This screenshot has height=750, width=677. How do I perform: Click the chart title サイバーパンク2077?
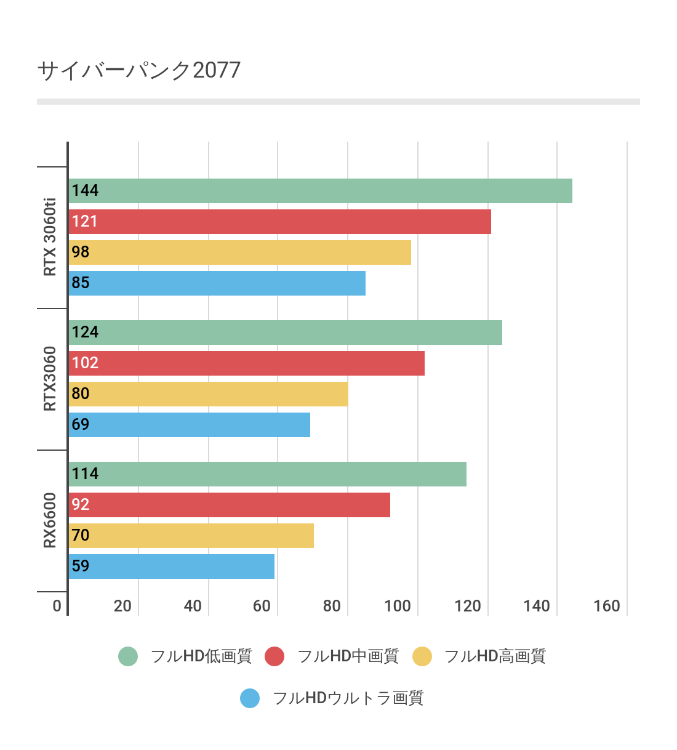(139, 70)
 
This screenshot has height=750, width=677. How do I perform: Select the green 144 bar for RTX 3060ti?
(320, 191)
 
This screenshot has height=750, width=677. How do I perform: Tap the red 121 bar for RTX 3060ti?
(280, 222)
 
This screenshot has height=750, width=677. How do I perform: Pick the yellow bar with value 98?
(240, 252)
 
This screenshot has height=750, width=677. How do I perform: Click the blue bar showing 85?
(217, 283)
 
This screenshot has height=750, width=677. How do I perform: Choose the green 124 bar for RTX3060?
(285, 333)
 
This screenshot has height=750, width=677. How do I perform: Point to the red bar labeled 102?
(246, 363)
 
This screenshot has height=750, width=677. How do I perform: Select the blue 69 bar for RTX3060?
(190, 425)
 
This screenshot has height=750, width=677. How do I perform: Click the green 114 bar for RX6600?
(267, 474)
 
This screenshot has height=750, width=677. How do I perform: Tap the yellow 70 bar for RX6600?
(191, 536)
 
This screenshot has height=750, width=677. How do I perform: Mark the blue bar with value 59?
(172, 567)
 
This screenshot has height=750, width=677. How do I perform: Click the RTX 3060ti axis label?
(50, 237)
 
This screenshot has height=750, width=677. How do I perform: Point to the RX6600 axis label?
(50, 520)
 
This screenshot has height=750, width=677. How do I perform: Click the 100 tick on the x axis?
(398, 606)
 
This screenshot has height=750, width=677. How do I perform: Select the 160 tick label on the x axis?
(607, 606)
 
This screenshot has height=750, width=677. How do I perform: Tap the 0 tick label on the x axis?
(57, 606)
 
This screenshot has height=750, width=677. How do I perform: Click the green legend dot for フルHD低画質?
(128, 656)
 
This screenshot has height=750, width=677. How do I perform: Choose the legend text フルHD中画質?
(348, 656)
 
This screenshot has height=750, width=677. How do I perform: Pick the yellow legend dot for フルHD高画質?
(422, 656)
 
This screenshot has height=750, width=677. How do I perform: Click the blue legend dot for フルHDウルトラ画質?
(250, 698)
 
